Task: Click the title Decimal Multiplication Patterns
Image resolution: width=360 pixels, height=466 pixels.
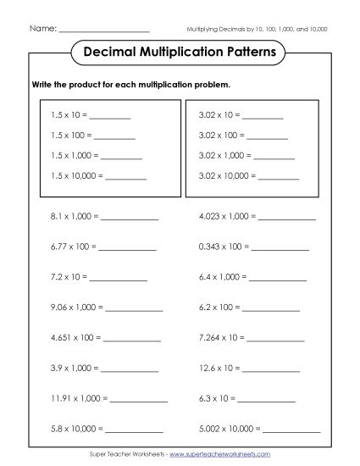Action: click(x=180, y=53)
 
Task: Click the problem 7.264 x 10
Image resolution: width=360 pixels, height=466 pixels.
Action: click(x=221, y=337)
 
